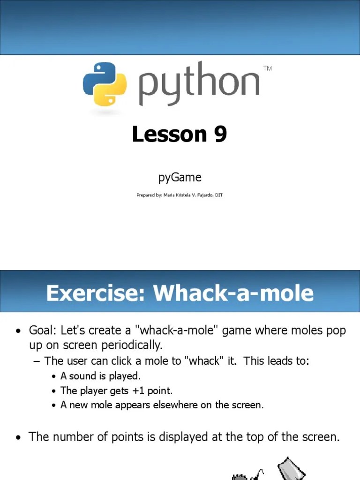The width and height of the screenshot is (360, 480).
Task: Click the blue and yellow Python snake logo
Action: pos(105,83)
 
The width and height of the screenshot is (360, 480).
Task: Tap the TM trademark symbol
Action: pos(268,68)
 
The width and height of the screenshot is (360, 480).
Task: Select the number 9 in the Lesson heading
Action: pos(220,135)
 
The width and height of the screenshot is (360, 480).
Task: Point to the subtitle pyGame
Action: pos(180,177)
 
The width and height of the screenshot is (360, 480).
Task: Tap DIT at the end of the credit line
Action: pos(219,195)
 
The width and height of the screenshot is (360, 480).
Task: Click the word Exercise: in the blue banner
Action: pos(96,293)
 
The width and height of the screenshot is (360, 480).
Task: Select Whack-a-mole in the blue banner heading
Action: pos(233,293)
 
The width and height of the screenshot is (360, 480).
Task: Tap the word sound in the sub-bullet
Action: pos(82,376)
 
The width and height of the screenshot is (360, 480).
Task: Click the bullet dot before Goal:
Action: pos(18,331)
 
